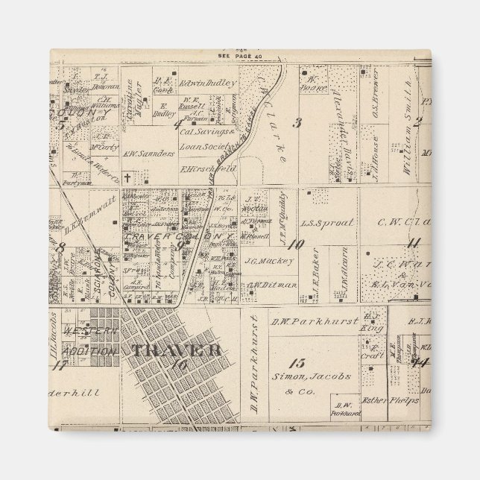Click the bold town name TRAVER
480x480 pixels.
[175, 350]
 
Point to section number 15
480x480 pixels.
[298, 364]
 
